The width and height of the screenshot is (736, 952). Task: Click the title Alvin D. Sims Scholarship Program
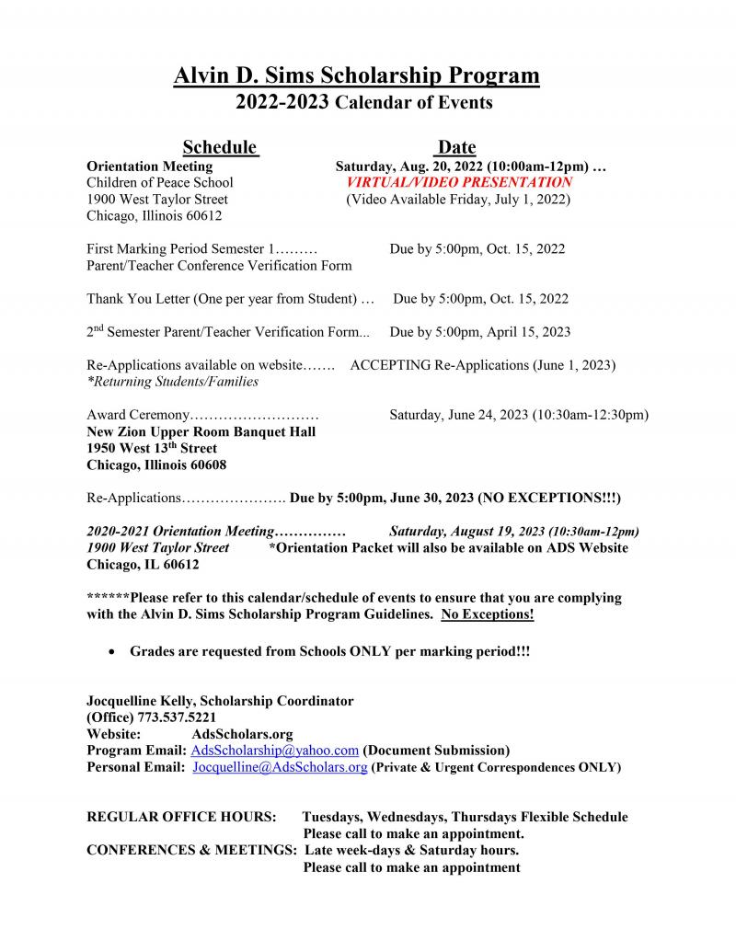356,75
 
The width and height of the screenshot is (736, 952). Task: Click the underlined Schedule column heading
219,147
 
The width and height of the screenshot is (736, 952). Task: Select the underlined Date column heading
456,147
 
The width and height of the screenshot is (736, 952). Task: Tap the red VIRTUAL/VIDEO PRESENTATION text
459,183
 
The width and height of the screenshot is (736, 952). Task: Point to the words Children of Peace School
159,183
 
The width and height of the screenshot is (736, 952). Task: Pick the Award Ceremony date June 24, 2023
519,415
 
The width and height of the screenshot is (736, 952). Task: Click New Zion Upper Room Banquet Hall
201,431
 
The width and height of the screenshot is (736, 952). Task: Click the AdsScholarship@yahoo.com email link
274,751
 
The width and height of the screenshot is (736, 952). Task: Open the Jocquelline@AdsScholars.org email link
280,767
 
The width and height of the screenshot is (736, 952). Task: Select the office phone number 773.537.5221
177,717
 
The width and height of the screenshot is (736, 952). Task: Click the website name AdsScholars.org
242,734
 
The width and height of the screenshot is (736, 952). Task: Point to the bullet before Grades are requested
111,651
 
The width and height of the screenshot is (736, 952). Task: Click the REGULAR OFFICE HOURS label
181,817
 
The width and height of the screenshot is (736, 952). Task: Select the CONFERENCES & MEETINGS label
190,850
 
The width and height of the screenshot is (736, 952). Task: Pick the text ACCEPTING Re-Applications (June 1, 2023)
483,365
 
